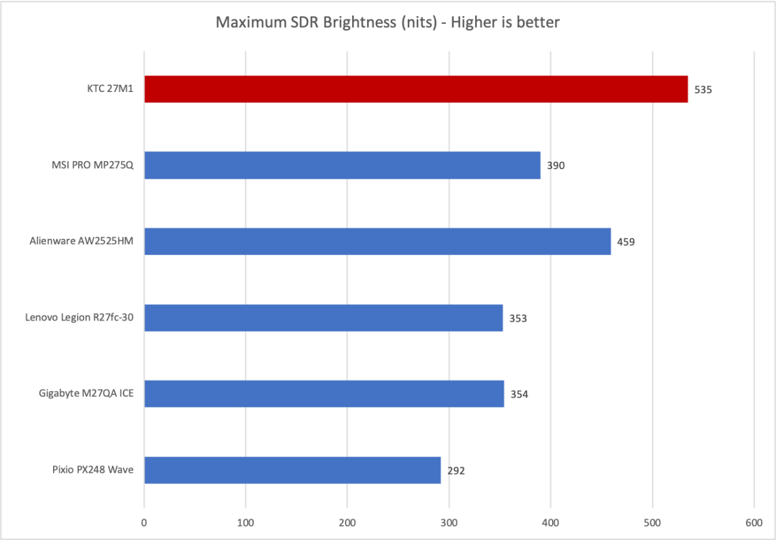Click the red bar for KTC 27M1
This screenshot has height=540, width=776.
click(x=416, y=89)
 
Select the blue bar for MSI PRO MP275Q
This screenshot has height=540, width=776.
click(x=342, y=165)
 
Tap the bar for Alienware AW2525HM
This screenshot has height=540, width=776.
click(x=377, y=242)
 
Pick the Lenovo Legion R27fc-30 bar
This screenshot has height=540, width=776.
click(x=323, y=318)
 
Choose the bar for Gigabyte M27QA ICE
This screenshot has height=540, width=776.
click(x=324, y=394)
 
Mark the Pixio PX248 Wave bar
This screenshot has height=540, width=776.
click(x=292, y=470)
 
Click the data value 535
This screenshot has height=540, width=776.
click(x=703, y=90)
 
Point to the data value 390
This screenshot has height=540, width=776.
click(x=555, y=166)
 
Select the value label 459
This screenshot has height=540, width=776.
click(x=626, y=242)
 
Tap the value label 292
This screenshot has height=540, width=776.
click(x=456, y=471)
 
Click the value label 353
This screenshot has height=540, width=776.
click(x=518, y=319)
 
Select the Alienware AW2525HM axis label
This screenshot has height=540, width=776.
click(x=82, y=242)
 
